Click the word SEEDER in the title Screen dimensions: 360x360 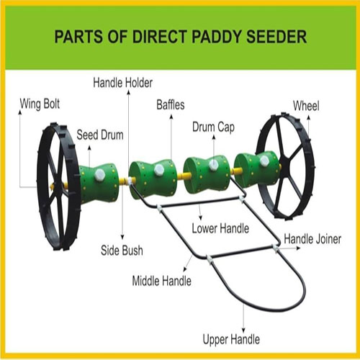(276, 37)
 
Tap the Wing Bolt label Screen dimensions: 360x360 (40, 104)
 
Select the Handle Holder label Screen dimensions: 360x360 (122, 83)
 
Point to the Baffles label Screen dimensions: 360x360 (171, 105)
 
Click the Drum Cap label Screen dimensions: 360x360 (213, 127)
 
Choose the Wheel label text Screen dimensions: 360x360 (306, 106)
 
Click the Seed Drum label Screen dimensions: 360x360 (100, 135)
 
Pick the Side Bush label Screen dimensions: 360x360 (122, 251)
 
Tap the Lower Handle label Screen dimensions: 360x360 (220, 228)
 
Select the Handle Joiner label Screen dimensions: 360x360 (312, 239)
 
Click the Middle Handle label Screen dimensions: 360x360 (162, 281)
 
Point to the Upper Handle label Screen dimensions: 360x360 (231, 340)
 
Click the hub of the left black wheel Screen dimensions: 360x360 (58, 187)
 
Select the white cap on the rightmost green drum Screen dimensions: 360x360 (264, 161)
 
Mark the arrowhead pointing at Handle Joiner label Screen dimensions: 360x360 (298, 248)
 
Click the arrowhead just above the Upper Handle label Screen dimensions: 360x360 (243, 330)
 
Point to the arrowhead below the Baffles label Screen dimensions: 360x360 (171, 117)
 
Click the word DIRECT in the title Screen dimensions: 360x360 (160, 37)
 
